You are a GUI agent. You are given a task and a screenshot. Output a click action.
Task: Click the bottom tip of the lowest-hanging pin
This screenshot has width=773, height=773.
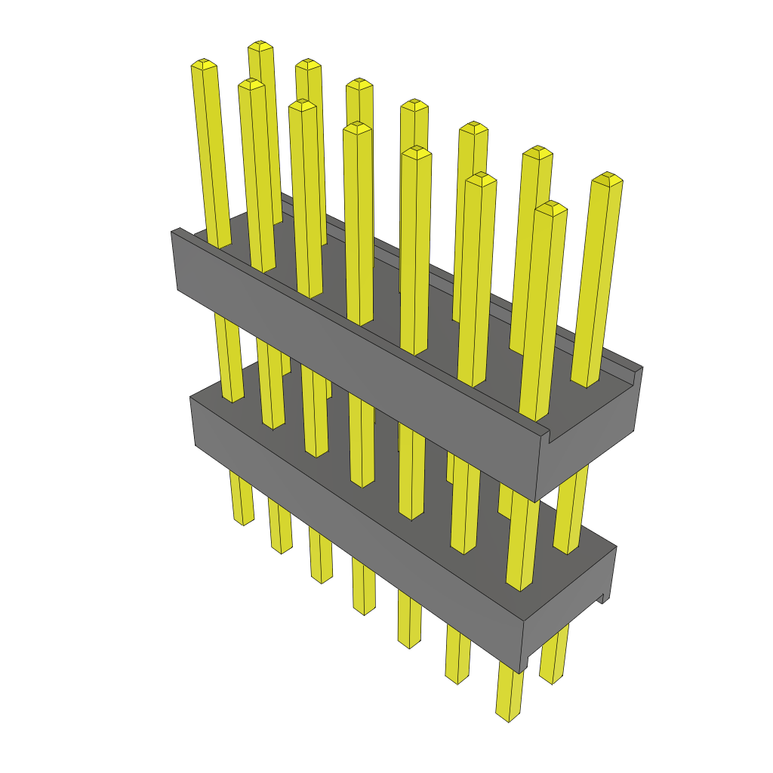[508, 716]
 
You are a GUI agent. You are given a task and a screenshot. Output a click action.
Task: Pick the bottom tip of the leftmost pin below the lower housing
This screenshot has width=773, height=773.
[243, 520]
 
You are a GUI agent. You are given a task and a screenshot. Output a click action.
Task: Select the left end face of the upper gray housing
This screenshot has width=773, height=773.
[174, 260]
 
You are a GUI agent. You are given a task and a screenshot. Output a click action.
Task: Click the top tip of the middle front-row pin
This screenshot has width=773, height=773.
[356, 127]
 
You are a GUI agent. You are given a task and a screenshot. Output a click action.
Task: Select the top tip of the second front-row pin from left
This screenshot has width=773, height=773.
[251, 83]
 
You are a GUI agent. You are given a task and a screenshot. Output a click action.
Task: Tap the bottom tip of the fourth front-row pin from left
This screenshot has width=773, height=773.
[364, 610]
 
